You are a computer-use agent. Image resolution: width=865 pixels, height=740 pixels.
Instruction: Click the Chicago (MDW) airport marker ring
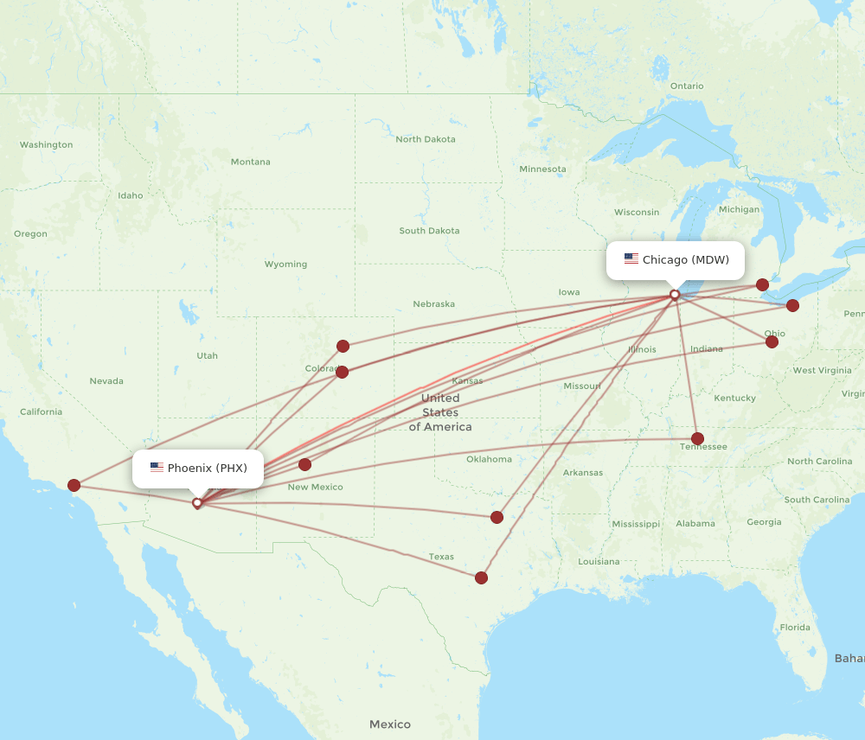[675, 295]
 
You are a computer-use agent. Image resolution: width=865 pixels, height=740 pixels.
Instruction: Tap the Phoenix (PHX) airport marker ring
[197, 502]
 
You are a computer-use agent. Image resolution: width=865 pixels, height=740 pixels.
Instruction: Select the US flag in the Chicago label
[631, 259]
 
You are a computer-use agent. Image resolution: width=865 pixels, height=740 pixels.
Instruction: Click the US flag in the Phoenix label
[157, 468]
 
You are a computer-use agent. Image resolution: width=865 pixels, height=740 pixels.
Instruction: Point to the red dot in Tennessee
[698, 438]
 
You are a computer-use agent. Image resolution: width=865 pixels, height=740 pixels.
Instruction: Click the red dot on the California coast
[74, 486]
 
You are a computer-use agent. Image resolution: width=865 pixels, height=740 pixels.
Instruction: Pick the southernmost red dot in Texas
[481, 577]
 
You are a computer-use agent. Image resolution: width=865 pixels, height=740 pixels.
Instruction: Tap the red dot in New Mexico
[304, 464]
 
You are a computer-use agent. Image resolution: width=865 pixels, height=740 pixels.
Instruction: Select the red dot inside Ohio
[772, 341]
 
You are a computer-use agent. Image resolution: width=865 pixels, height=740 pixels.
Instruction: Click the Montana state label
[250, 162]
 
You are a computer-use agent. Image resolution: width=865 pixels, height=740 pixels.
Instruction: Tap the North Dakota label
[425, 139]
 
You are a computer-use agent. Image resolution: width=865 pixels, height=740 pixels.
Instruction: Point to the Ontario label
[686, 86]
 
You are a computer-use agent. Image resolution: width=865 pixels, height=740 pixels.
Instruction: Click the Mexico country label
[390, 724]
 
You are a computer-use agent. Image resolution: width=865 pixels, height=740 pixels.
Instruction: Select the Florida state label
[794, 627]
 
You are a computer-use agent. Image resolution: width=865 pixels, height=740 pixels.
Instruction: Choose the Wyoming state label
[285, 264]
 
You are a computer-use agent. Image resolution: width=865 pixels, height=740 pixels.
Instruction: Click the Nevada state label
[106, 380]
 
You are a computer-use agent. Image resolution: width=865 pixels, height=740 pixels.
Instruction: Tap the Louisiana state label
[599, 561]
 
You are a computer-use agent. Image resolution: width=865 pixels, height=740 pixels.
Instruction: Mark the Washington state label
[46, 144]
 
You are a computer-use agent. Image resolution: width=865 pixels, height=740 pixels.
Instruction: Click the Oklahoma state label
[489, 459]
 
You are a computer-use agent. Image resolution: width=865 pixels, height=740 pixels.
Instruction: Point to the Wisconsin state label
[637, 212]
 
